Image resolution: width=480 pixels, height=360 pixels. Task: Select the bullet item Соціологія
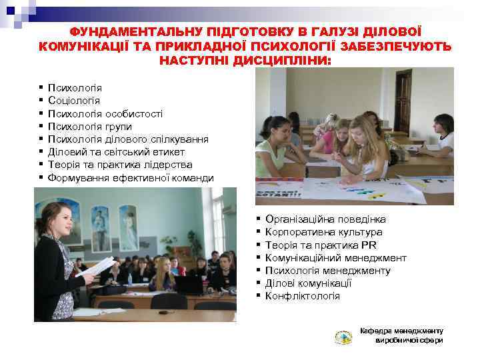(x=74, y=101)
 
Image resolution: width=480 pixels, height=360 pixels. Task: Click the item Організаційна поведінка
(x=325, y=219)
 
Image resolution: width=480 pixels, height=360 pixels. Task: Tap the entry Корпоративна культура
(x=324, y=232)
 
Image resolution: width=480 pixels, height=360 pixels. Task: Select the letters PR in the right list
(x=369, y=245)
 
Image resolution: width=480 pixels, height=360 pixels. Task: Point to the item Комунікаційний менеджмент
(x=335, y=258)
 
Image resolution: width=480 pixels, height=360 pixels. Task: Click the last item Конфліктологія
(x=303, y=296)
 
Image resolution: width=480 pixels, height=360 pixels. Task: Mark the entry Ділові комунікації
(x=309, y=283)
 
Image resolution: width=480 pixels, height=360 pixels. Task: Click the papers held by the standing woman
(x=95, y=267)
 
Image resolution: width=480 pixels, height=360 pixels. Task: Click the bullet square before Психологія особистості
(x=41, y=114)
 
